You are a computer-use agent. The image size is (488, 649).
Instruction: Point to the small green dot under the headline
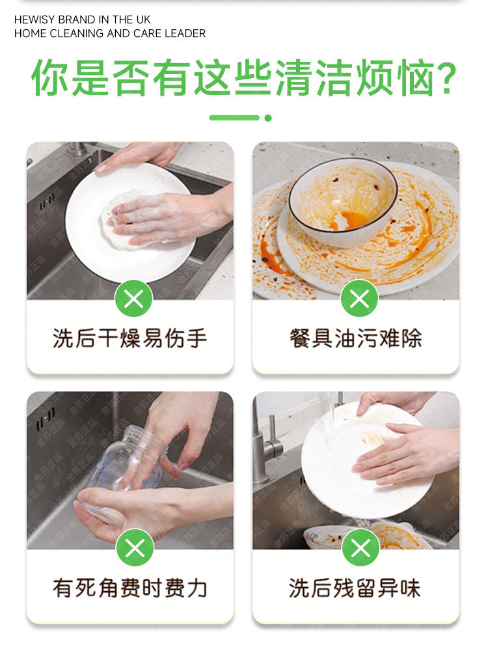point(268,118)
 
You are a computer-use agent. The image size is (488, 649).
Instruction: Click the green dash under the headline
point(234,118)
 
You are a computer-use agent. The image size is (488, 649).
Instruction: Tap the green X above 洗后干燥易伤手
point(133,298)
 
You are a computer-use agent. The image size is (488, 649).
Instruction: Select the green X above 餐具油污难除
point(359,298)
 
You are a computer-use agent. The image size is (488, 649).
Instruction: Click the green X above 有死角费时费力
point(135,548)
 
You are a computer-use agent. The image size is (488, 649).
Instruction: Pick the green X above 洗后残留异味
point(360,548)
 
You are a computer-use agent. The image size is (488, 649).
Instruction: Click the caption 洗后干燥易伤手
point(129,338)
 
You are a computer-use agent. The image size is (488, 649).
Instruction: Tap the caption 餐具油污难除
point(356,338)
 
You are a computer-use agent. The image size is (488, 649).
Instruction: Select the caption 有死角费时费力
point(129,588)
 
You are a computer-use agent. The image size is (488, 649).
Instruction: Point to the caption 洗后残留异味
point(355,588)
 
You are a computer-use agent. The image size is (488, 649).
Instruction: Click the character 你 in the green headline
point(50,78)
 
